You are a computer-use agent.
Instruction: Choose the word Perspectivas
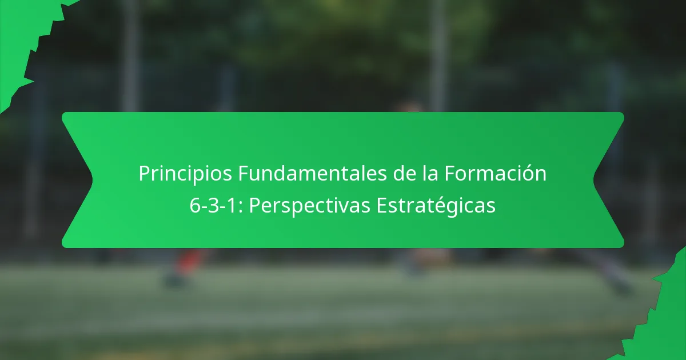(309, 206)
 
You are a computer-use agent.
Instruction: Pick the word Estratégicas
(436, 206)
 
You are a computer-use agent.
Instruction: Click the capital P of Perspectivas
(255, 206)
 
